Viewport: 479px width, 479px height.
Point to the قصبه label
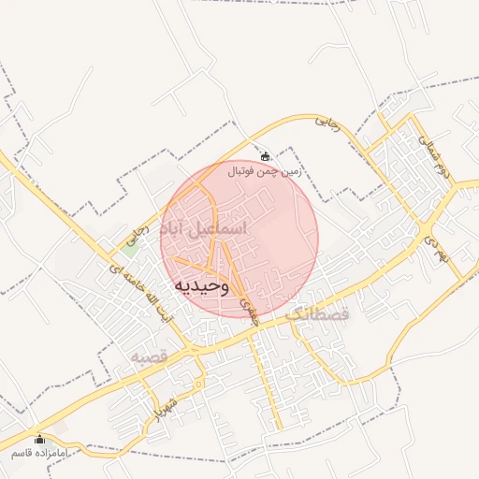click(x=148, y=357)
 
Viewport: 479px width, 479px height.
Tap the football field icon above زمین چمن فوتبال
click(x=266, y=156)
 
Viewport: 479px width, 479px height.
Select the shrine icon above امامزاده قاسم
click(x=39, y=439)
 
